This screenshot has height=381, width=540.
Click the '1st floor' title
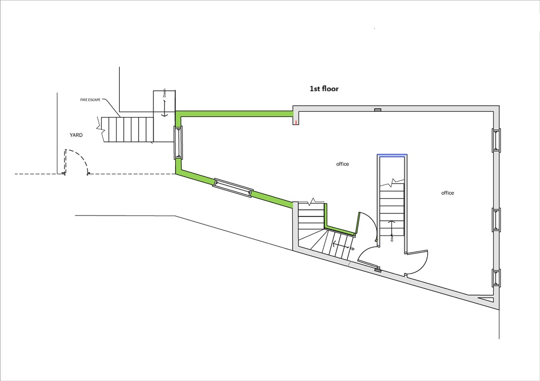pos(324,89)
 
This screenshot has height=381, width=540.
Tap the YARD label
pos(76,135)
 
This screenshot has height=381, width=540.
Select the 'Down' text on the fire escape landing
pos(165,92)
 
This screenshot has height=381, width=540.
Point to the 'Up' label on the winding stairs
pos(352,248)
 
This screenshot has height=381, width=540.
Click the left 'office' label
pos(343,164)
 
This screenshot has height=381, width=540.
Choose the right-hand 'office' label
pos(448,193)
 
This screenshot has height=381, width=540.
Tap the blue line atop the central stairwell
pos(392,155)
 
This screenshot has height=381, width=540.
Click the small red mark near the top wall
pos(296,123)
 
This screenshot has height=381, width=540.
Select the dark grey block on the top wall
pos(378,110)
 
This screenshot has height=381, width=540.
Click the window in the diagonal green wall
pos(233,189)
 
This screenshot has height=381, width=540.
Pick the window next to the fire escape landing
pos(178,142)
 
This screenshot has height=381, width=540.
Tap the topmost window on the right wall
pos(496,140)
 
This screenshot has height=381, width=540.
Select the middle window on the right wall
pos(496,220)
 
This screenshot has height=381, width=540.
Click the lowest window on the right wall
pos(496,277)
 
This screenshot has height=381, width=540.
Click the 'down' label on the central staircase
pos(392,238)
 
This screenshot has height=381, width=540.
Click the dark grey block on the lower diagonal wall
pos(378,270)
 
